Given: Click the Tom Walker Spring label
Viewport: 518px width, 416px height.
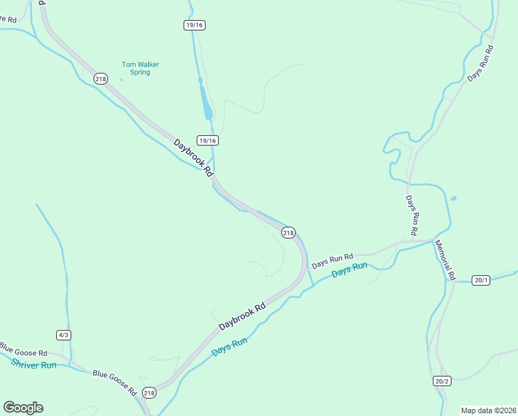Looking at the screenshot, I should (x=140, y=68).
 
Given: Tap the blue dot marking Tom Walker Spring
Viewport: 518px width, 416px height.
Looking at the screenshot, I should (x=121, y=80).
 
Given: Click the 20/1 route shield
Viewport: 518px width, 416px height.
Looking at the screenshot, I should (x=481, y=280).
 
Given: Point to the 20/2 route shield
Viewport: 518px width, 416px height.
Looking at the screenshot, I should (x=443, y=381).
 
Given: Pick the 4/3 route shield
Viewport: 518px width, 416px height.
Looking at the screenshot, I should (x=64, y=335).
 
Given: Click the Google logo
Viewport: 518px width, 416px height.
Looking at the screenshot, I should (x=24, y=408).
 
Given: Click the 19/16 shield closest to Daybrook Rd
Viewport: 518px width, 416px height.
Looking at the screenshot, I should (x=207, y=140).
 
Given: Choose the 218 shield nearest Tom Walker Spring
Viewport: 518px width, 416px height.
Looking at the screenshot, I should (x=101, y=79).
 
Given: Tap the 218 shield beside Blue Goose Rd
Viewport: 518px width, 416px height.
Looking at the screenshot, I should (x=149, y=393).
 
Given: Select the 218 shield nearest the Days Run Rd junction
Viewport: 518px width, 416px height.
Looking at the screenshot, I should (x=289, y=233).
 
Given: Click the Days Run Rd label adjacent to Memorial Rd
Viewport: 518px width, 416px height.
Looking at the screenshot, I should (x=413, y=215).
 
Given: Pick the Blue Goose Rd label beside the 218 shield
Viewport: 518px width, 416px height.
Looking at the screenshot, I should (x=115, y=382).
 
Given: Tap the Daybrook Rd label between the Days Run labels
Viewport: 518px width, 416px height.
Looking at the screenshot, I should (x=242, y=315).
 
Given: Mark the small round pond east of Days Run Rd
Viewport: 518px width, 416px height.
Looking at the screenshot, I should (x=454, y=199).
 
